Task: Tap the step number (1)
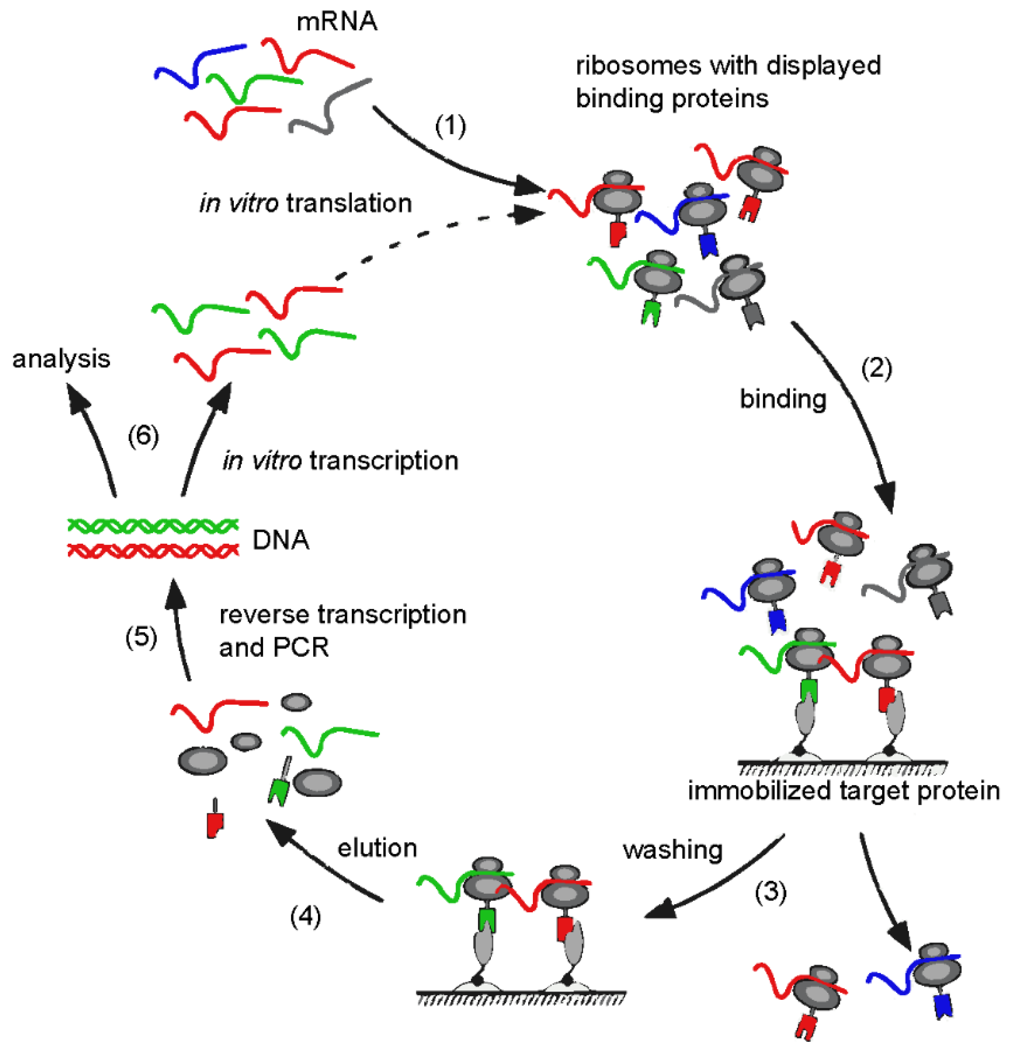[450, 126]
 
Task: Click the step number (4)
[305, 917]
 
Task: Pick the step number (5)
[141, 637]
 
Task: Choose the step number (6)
[143, 436]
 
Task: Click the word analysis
[61, 359]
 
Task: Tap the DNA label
[281, 540]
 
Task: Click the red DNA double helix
[153, 551]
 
